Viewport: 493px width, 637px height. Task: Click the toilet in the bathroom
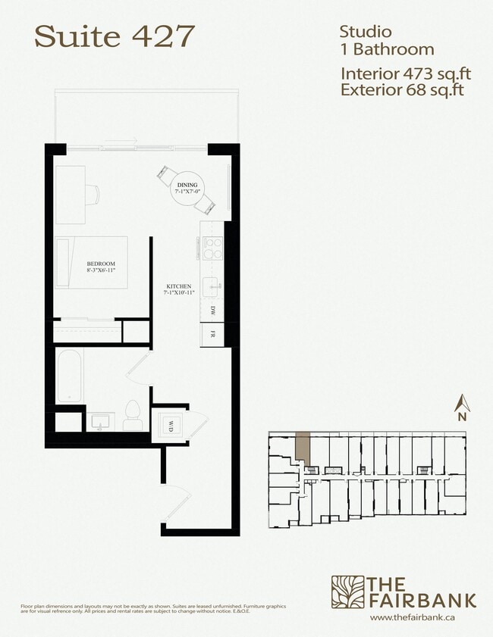133,416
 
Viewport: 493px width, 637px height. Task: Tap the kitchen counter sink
212,286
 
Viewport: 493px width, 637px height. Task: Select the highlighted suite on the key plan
303,448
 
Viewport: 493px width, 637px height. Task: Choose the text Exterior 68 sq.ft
402,91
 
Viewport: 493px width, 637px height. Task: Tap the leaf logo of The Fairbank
347,592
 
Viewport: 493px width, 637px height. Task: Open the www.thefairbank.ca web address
422,617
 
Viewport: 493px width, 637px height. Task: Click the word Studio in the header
365,32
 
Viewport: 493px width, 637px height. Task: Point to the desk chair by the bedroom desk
93,194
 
